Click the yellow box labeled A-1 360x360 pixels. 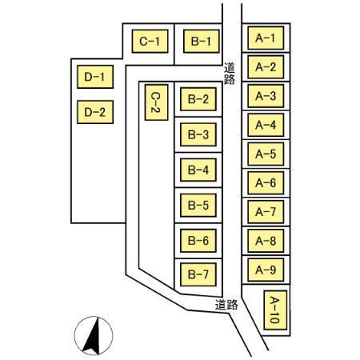pos(266,38)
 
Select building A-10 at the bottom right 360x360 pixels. pos(275,310)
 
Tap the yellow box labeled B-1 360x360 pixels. pos(202,41)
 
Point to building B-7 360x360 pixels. pos(198,274)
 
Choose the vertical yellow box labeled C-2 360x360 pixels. pos(156,102)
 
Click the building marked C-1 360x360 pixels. pos(150,41)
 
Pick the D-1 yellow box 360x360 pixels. pos(95,77)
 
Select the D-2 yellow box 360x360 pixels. pos(95,112)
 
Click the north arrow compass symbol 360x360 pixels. pos(94,336)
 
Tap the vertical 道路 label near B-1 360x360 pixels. pos(229,74)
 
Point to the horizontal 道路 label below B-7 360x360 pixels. pos(226,305)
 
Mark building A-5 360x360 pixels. pos(266,154)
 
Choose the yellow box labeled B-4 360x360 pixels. pos(198,170)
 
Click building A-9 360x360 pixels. pos(266,270)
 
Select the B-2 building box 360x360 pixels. pos(198,99)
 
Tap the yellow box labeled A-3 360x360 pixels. pos(266,96)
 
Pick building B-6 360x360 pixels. pos(198,241)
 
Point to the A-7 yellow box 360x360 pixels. pos(266,212)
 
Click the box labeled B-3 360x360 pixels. pos(198,134)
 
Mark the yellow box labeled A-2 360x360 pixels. pos(266,67)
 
